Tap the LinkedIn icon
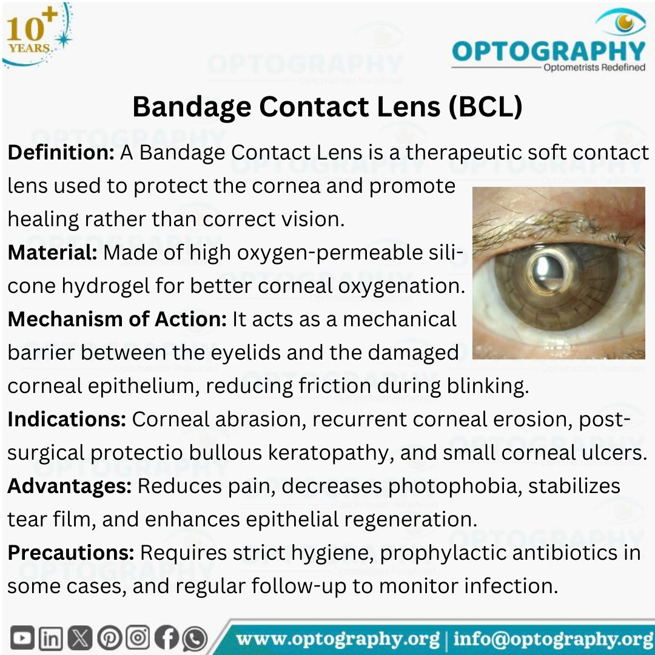point(50,639)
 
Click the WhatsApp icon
point(194,639)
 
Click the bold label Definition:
point(61,152)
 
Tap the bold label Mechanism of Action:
point(116,319)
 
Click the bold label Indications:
point(67,419)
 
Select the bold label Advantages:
point(69,486)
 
